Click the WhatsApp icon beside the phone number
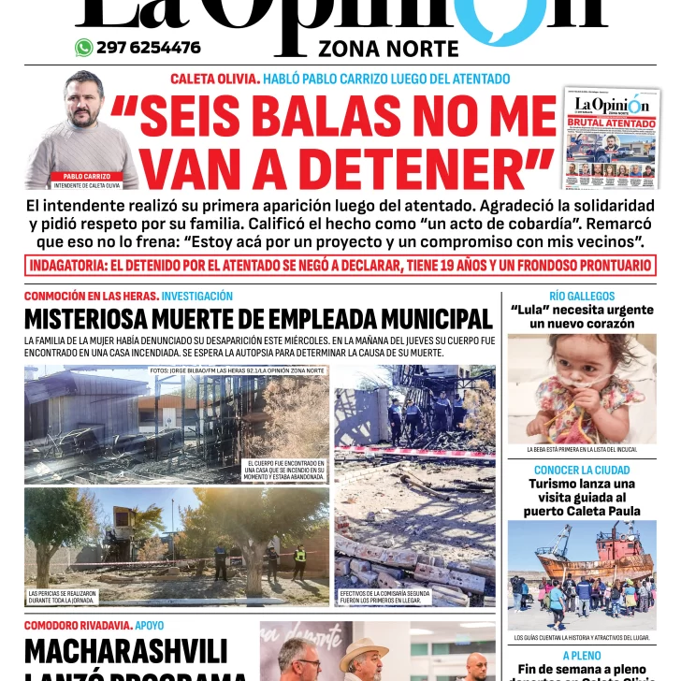tap(84, 48)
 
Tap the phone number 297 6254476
tap(148, 48)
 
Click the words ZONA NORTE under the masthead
tap(388, 50)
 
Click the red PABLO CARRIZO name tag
tap(87, 176)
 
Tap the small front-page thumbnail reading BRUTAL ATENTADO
tap(612, 138)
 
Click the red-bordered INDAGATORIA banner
tap(340, 266)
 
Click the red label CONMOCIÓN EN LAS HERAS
tap(91, 296)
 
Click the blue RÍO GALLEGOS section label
tap(582, 296)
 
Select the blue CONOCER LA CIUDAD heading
tap(582, 470)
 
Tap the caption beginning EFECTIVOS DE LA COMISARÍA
tap(384, 597)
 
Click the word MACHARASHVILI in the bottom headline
tap(126, 650)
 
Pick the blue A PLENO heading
tap(582, 656)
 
